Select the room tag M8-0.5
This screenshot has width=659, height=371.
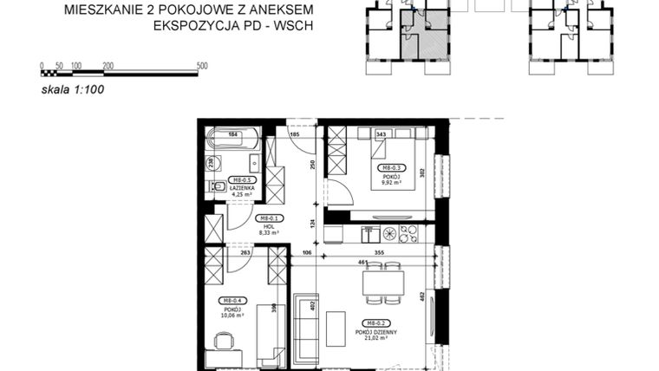pyautogui.click(x=240, y=180)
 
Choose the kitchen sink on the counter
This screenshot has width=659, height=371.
pyautogui.click(x=370, y=232)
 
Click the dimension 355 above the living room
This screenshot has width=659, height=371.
pyautogui.click(x=380, y=254)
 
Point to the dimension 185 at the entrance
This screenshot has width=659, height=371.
pyautogui.click(x=294, y=134)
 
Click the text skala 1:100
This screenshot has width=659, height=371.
pyautogui.click(x=73, y=89)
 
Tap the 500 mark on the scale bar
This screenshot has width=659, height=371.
pyautogui.click(x=202, y=66)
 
